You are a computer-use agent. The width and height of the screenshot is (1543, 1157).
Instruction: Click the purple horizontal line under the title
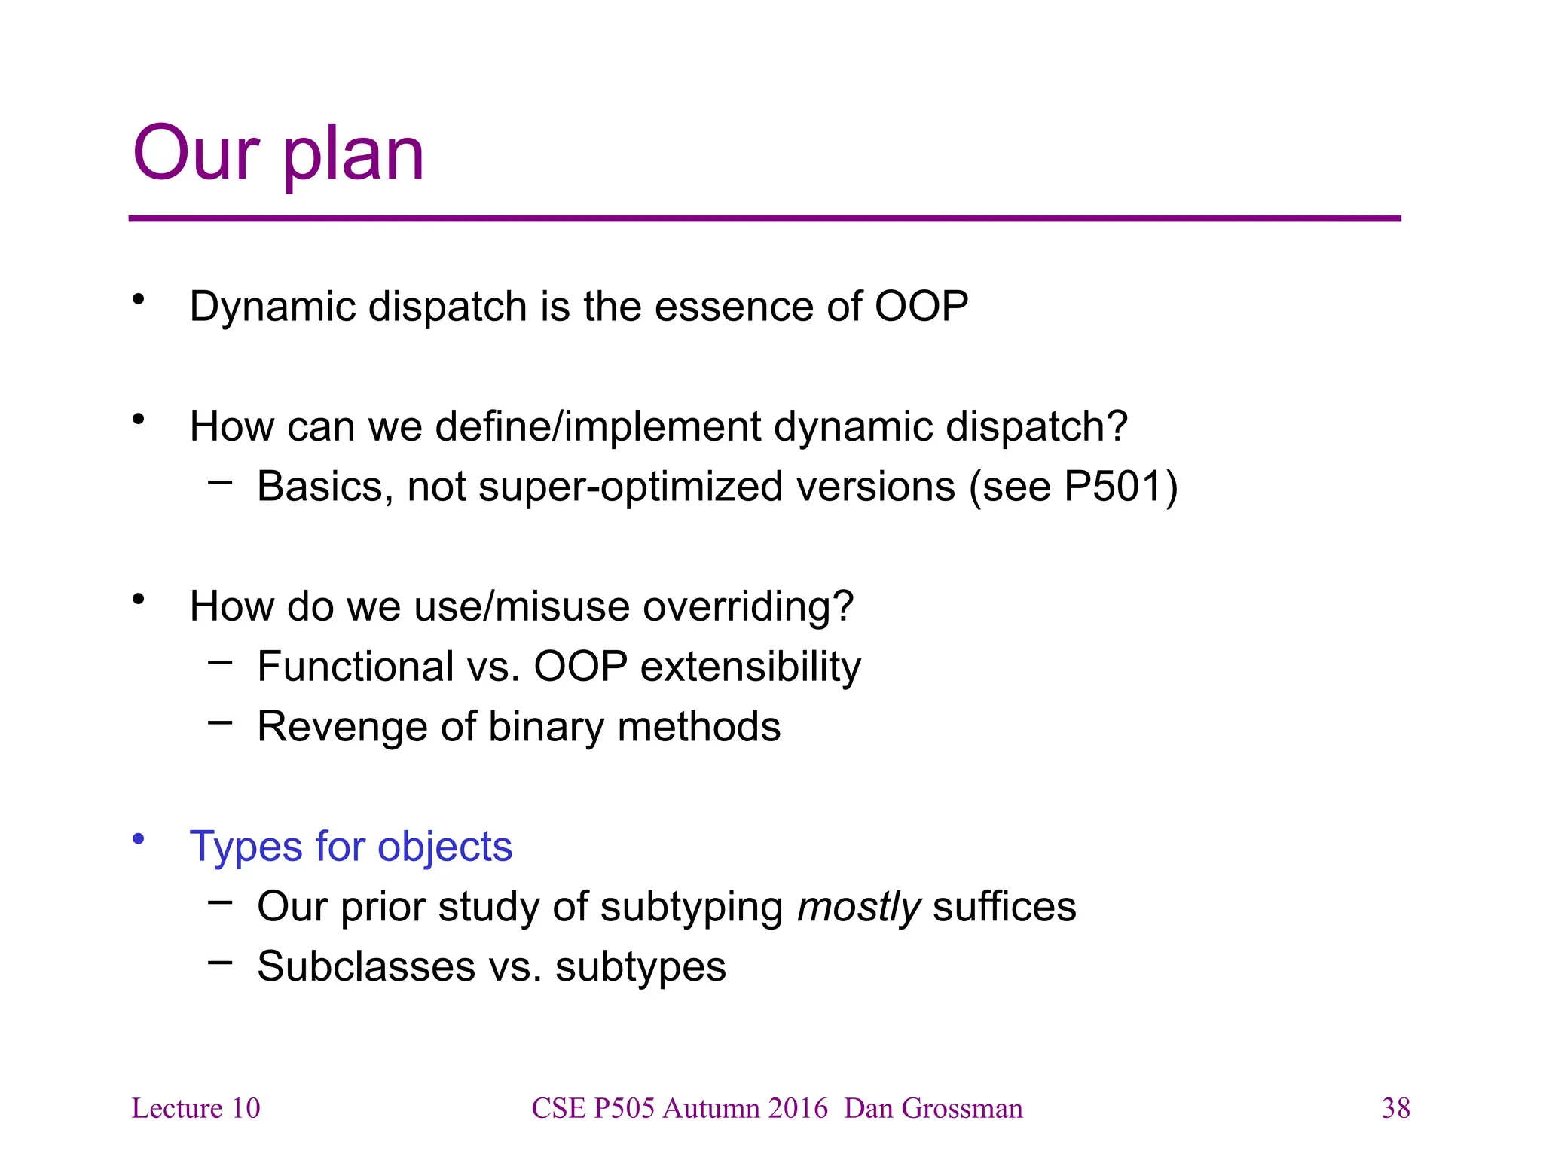coord(764,218)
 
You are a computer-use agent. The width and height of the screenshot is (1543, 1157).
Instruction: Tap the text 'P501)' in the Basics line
coord(1120,487)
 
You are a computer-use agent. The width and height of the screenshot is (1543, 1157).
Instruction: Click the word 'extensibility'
coord(750,667)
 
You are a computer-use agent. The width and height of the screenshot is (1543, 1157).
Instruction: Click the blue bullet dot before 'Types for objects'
coord(138,839)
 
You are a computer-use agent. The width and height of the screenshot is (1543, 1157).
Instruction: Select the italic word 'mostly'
coord(859,907)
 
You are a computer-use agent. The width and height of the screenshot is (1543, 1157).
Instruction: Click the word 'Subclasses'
coord(366,966)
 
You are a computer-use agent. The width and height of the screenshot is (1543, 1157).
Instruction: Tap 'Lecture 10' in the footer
coord(196,1108)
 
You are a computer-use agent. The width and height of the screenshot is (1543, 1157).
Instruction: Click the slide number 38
coord(1395,1108)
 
